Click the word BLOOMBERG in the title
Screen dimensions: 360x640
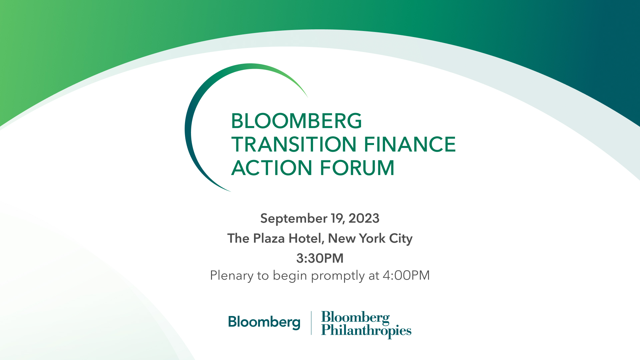pyautogui.click(x=296, y=121)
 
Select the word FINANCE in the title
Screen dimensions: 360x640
pyautogui.click(x=409, y=144)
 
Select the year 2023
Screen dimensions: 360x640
pyautogui.click(x=364, y=219)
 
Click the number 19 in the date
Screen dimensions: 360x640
pyautogui.click(x=337, y=219)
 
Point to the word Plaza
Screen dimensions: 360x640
pyautogui.click(x=269, y=239)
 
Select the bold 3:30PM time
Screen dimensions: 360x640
pyautogui.click(x=320, y=258)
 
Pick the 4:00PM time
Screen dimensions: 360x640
pyautogui.click(x=406, y=275)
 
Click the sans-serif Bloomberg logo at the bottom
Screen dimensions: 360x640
pyautogui.click(x=264, y=322)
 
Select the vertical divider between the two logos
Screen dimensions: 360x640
pyautogui.click(x=311, y=323)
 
